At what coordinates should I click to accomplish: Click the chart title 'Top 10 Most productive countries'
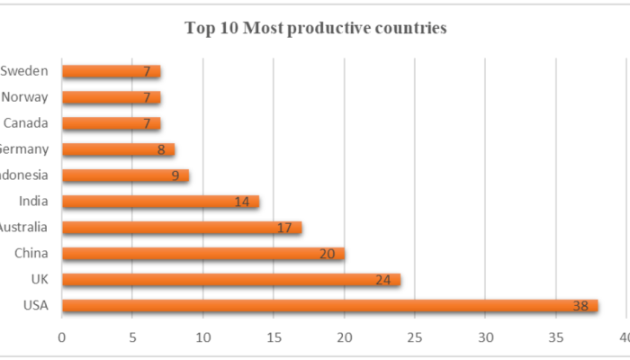[x=315, y=28]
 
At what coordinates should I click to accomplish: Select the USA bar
[x=329, y=306]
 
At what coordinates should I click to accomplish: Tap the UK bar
[x=230, y=280]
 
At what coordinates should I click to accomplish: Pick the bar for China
[x=202, y=254]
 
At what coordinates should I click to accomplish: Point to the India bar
[x=160, y=202]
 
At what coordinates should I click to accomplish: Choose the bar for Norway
[x=111, y=97]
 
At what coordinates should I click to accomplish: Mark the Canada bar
[x=111, y=123]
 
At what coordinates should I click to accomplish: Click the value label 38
[x=580, y=307]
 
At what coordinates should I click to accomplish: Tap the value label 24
[x=383, y=281]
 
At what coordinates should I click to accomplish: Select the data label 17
[x=284, y=229]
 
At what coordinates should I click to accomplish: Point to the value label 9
[x=176, y=176]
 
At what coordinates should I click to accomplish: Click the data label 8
[x=162, y=150]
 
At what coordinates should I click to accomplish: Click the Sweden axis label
[x=24, y=71]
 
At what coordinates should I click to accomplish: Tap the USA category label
[x=37, y=306]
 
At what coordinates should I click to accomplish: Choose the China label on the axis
[x=31, y=254]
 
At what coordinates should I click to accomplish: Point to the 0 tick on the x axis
[x=62, y=337]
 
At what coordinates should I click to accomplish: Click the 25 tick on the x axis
[x=415, y=337]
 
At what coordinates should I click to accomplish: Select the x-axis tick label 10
[x=203, y=337]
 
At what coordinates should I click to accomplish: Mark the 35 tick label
[x=556, y=337]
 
